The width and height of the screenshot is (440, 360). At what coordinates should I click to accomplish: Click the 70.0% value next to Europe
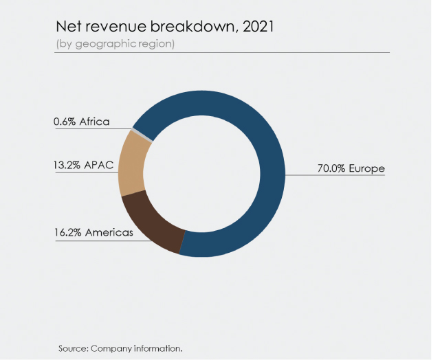coord(328,168)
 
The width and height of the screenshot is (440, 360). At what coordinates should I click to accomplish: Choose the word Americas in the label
coord(111,234)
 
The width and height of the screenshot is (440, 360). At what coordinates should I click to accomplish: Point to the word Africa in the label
coord(94,122)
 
